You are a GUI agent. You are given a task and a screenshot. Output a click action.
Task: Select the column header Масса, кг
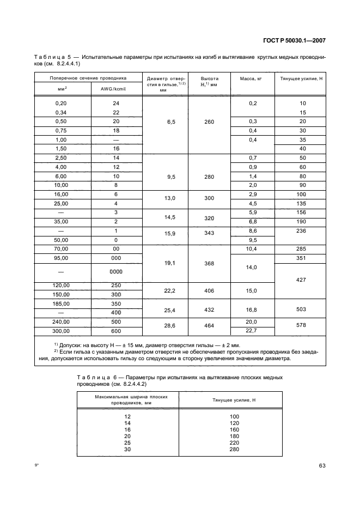(x=252, y=78)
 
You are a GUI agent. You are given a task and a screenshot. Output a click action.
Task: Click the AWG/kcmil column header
(x=116, y=88)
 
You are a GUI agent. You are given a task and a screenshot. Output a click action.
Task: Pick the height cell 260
(x=209, y=122)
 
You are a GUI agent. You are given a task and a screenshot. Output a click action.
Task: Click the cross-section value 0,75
(x=61, y=130)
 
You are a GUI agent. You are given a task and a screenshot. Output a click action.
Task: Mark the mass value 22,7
(x=252, y=330)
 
